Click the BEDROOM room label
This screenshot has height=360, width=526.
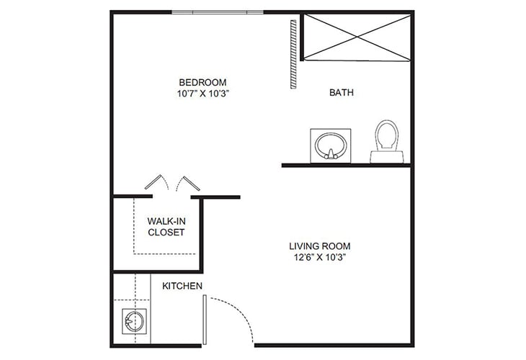202,81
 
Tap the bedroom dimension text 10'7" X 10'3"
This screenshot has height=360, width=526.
202,93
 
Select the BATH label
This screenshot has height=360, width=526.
341,92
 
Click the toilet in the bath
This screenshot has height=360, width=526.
385,138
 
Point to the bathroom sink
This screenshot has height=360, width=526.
331,145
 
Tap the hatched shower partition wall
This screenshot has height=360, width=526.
293,54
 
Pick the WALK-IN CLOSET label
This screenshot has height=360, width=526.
166,227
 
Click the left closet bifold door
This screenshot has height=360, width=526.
156,182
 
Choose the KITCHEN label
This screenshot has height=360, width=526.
182,286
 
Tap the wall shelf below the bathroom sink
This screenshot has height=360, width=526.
346,165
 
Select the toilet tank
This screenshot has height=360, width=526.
385,156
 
